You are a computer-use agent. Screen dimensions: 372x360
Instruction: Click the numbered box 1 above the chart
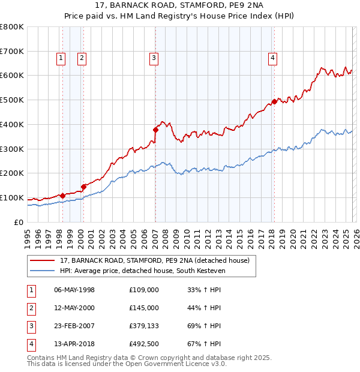click(x=61, y=58)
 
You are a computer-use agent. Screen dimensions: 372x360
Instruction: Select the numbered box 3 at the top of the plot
click(x=154, y=58)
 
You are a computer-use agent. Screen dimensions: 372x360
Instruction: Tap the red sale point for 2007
click(x=155, y=129)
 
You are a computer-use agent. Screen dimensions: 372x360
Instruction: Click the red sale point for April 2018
click(x=274, y=101)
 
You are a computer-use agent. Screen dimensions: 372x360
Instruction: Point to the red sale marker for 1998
click(x=62, y=195)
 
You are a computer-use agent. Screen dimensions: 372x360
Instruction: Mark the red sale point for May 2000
click(x=83, y=187)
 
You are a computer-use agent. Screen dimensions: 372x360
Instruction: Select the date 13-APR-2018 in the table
click(x=74, y=344)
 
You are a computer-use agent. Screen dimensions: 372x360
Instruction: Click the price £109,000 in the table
click(x=143, y=290)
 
